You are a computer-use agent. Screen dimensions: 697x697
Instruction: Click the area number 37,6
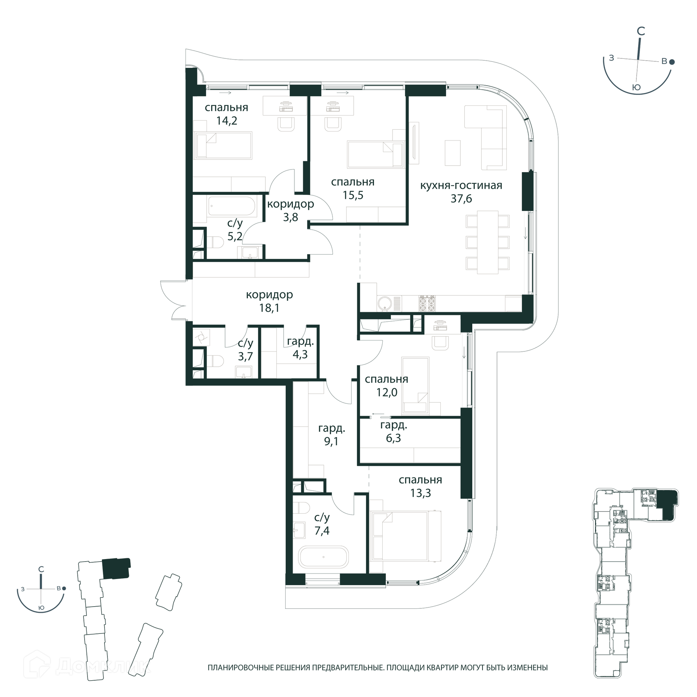(x=461, y=199)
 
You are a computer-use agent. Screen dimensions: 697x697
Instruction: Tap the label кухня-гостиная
(x=461, y=185)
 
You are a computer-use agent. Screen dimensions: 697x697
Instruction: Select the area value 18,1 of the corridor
(x=269, y=308)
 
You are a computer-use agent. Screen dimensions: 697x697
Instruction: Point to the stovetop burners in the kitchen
(x=427, y=303)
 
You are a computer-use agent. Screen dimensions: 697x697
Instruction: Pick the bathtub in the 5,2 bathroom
(x=232, y=206)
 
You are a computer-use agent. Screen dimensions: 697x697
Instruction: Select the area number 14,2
(x=227, y=120)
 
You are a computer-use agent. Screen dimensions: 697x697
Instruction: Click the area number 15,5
(x=353, y=195)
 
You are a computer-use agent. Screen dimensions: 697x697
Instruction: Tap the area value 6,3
(x=393, y=438)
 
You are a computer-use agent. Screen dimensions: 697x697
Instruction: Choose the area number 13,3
(x=420, y=493)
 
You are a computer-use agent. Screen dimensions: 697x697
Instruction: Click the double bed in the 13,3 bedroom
(x=405, y=535)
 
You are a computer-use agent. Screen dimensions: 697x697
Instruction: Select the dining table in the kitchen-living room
(x=488, y=242)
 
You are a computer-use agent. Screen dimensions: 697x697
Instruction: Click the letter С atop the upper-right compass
(x=641, y=31)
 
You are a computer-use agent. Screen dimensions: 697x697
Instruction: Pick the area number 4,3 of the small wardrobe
(x=300, y=354)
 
